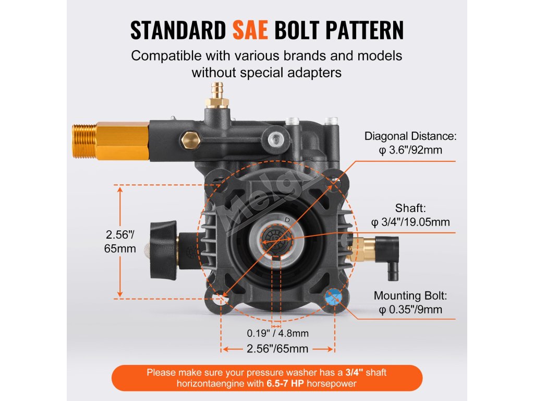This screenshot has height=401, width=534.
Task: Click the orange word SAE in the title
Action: [250, 31]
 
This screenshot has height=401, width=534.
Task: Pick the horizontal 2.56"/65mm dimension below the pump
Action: [278, 349]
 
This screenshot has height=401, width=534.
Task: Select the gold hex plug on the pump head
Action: [190, 139]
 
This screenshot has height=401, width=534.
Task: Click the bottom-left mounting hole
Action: [223, 297]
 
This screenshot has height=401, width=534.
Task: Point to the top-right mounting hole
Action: [334, 183]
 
